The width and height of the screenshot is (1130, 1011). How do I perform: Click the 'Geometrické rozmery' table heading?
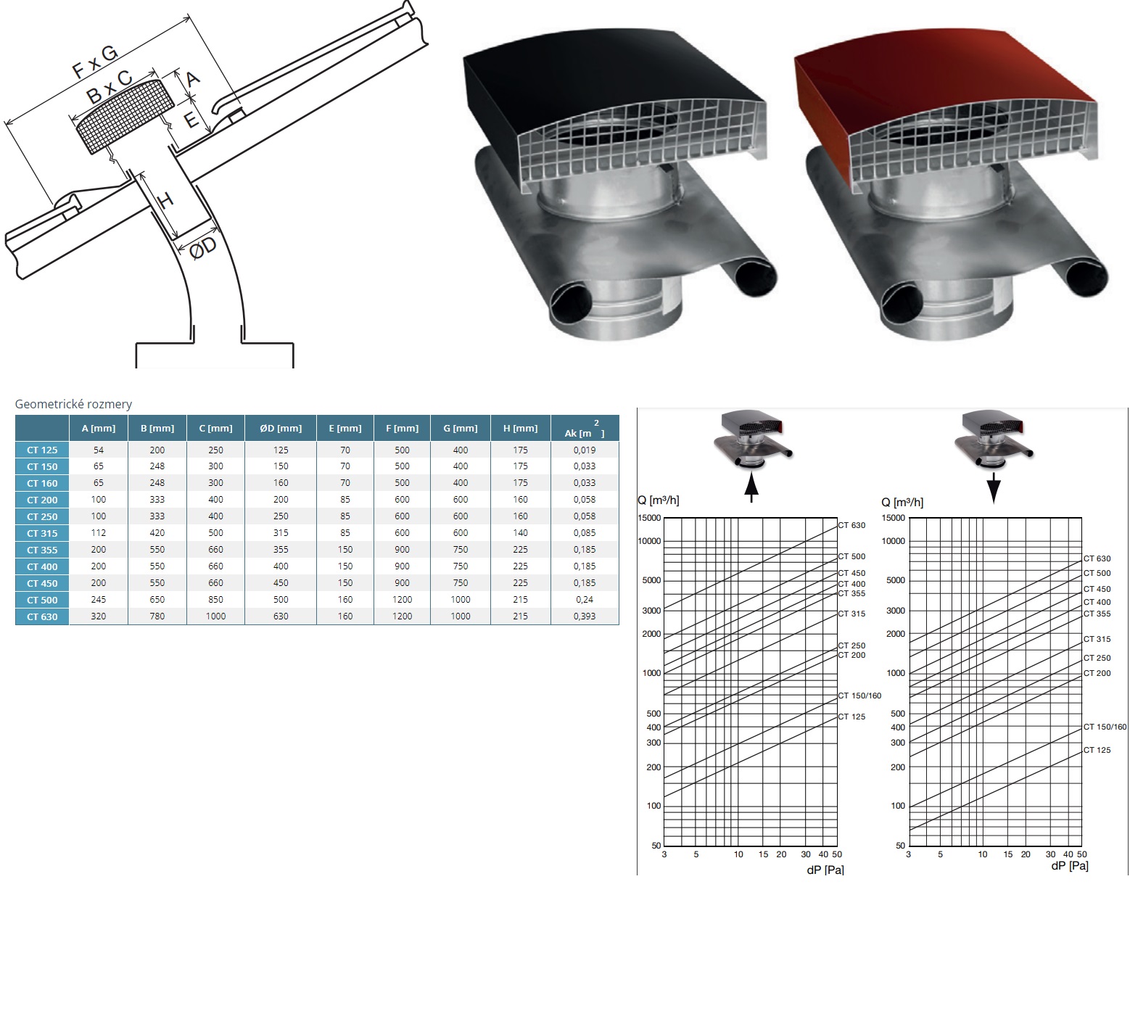coord(73,404)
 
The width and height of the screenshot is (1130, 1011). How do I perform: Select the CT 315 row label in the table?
coord(42,533)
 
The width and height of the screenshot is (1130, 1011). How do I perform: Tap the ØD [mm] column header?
coord(281,428)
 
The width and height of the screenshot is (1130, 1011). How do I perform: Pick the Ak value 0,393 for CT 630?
coord(585,616)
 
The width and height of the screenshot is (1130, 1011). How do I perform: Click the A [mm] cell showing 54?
coord(99,450)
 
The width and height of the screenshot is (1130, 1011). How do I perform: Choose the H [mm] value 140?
coord(521,533)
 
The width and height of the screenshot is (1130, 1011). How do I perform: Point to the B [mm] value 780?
coord(157,616)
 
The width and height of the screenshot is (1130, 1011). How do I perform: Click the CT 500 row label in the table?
coord(42,600)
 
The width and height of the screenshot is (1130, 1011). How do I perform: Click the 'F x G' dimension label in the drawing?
coord(94,61)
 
